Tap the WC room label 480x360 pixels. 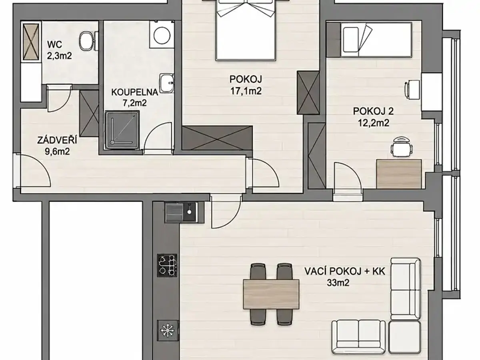tap(55, 45)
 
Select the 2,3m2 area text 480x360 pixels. tap(59, 56)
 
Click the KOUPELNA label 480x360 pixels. tap(135, 92)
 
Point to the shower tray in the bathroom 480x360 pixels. tap(122, 130)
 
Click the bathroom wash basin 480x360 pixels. tap(167, 83)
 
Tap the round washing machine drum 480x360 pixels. tap(162, 35)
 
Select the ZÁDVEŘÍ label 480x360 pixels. tap(57, 140)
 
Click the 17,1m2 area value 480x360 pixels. tap(246, 91)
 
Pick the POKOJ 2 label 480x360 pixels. tap(373, 111)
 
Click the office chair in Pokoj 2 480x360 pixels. tap(402, 147)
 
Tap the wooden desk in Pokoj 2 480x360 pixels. tap(399, 174)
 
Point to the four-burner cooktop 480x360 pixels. tap(167, 265)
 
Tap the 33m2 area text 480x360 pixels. tap(338, 283)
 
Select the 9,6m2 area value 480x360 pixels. tap(57, 152)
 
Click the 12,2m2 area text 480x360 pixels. tap(373, 123)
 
